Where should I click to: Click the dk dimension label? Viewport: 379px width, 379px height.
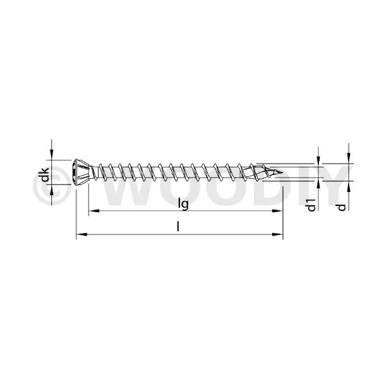[x=45, y=175]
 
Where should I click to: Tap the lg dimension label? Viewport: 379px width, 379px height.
[x=183, y=203]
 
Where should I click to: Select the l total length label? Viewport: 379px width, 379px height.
[x=178, y=227]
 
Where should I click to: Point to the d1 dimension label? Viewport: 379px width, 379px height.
[x=311, y=205]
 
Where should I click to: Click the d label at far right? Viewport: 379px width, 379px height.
[x=342, y=207]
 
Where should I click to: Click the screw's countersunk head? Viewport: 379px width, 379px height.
[x=81, y=172]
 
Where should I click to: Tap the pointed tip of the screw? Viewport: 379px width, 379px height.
[x=282, y=172]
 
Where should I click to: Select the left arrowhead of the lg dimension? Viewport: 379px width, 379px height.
[x=93, y=211]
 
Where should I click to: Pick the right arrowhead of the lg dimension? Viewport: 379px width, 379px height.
[x=277, y=211]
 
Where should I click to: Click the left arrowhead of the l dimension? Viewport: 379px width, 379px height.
[x=81, y=234]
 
